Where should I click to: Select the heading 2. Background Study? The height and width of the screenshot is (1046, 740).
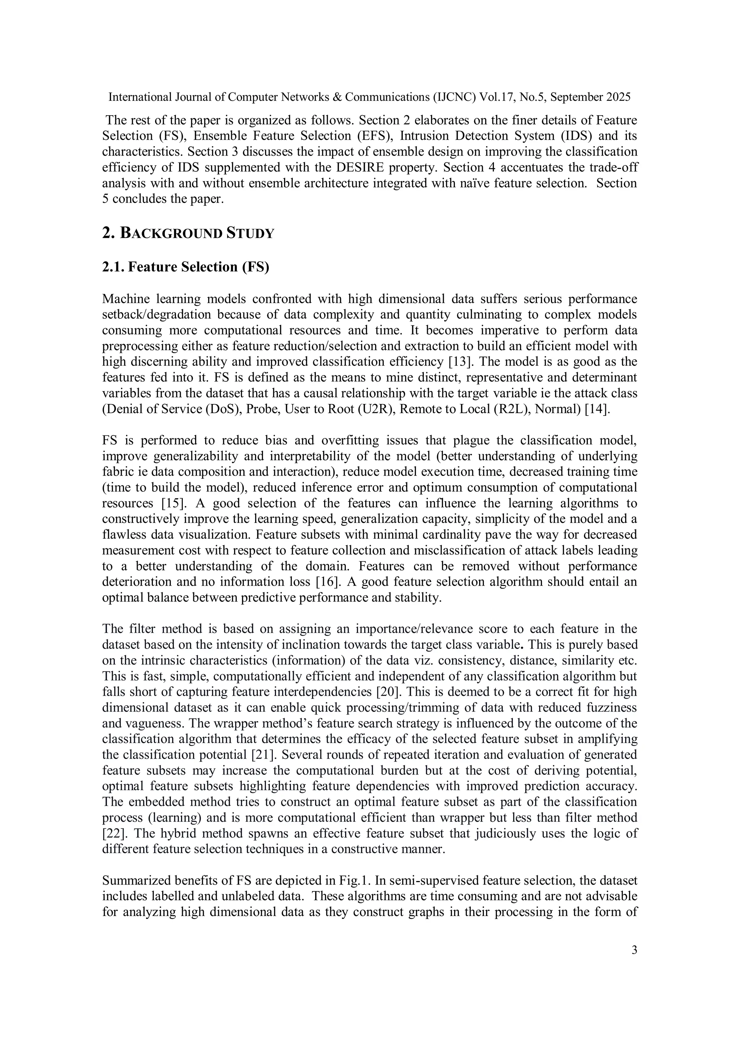pyautogui.click(x=188, y=233)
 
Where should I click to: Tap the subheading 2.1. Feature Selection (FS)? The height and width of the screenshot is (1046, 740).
pyautogui.click(x=186, y=267)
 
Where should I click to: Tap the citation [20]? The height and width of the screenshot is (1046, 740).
pyautogui.click(x=388, y=692)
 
